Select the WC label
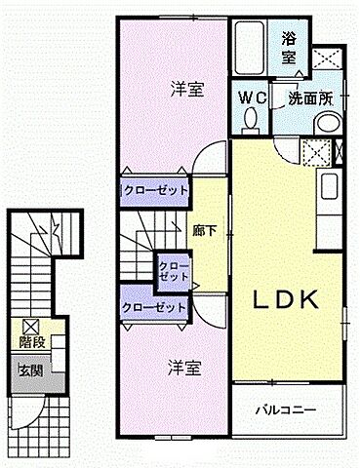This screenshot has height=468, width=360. click(254, 97)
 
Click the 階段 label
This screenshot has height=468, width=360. click(30, 342)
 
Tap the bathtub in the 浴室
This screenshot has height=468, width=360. click(248, 46)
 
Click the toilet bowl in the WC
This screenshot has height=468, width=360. click(251, 118)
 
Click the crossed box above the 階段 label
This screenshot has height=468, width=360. click(29, 327)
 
